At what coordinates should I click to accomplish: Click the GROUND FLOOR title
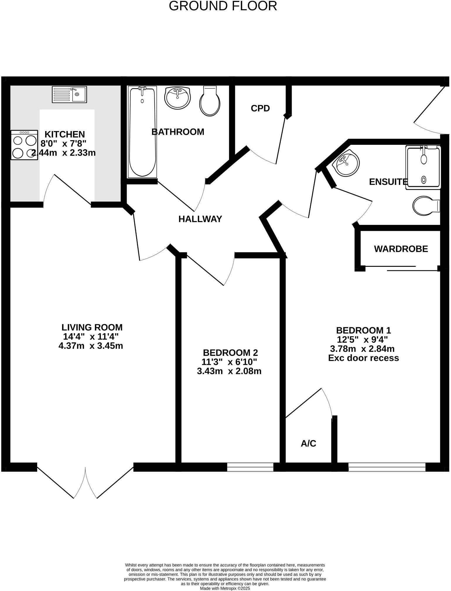(x=223, y=6)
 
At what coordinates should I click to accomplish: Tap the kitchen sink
(x=70, y=94)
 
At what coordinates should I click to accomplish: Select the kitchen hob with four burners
(x=24, y=145)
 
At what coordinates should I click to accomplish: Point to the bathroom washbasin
(x=177, y=98)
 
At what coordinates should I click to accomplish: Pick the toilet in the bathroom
(x=210, y=101)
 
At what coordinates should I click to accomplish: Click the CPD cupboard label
(x=260, y=108)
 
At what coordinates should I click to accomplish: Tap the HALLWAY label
(x=200, y=219)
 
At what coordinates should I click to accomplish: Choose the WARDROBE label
(x=401, y=249)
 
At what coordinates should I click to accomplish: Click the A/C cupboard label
(x=308, y=444)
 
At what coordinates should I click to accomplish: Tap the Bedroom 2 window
(x=250, y=467)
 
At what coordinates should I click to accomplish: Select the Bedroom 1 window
(x=387, y=467)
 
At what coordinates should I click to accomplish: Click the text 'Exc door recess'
(x=363, y=358)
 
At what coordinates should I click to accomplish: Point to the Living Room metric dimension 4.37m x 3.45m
(x=91, y=346)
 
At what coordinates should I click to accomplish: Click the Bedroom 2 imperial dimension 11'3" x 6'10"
(x=229, y=362)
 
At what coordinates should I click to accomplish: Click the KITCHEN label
(x=65, y=134)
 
